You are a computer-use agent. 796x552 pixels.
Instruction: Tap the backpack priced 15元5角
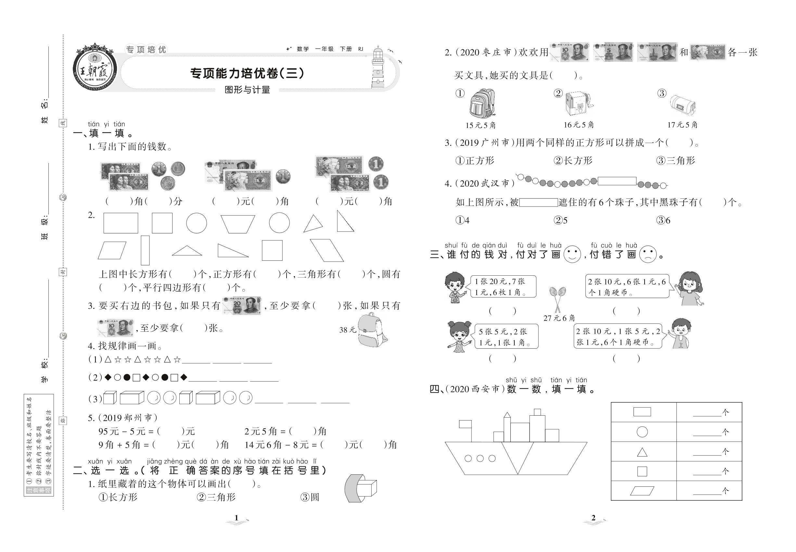click(481, 104)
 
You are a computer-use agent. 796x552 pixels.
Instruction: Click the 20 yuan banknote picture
click(242, 306)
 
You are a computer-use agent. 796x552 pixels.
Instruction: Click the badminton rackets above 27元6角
click(557, 299)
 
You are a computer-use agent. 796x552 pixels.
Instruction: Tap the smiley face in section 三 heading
click(572, 254)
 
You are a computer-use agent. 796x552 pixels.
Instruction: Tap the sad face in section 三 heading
click(648, 254)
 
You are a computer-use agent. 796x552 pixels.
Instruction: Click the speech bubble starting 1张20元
click(502, 286)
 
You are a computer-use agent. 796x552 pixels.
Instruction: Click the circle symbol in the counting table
click(642, 432)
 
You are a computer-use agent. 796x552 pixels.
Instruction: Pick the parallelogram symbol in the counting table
click(642, 491)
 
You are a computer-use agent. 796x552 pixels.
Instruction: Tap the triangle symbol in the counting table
click(642, 452)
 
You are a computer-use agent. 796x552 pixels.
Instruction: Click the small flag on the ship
click(465, 424)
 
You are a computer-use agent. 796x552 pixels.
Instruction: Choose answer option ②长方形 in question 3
click(573, 160)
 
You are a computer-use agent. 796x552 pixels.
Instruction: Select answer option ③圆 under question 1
click(310, 497)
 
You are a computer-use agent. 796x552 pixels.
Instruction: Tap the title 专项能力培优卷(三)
click(247, 73)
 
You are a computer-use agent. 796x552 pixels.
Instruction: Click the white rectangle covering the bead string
click(617, 181)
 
